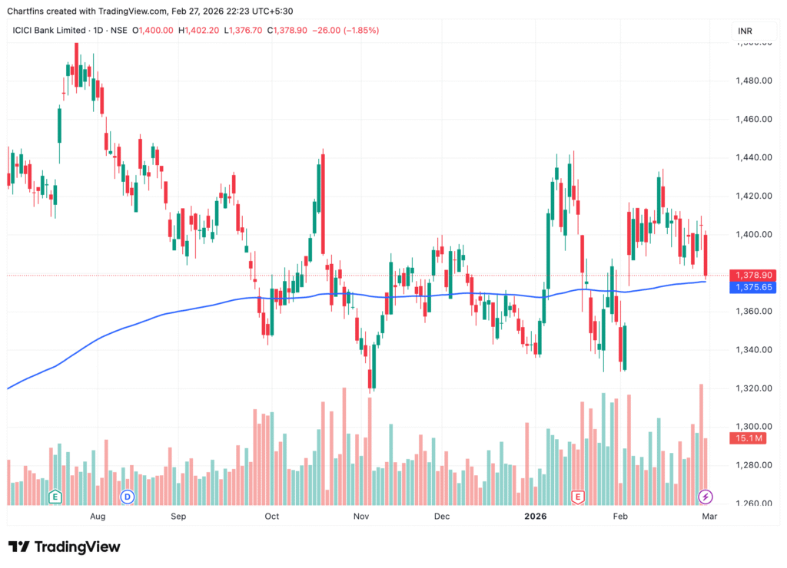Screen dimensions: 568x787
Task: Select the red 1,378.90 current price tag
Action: coord(754,275)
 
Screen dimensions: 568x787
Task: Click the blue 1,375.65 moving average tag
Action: coord(754,287)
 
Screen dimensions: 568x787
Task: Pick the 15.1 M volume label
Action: coord(750,438)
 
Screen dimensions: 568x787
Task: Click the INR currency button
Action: coord(745,31)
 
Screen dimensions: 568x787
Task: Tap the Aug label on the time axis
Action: coord(97,517)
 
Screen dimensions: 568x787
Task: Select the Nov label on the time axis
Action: coord(362,517)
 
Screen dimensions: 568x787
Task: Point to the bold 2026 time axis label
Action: coord(535,517)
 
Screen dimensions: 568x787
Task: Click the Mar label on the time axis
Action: coord(709,517)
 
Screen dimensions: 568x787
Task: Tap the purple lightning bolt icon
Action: coord(705,497)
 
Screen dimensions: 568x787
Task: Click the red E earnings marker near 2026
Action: coord(578,497)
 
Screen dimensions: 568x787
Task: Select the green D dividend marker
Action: coord(127,497)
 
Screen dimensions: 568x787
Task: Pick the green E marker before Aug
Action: coord(55,497)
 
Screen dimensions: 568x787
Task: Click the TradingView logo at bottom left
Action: coord(65,547)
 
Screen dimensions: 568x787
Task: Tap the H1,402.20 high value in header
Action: coord(199,31)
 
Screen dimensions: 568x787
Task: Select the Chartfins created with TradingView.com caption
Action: coord(150,11)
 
